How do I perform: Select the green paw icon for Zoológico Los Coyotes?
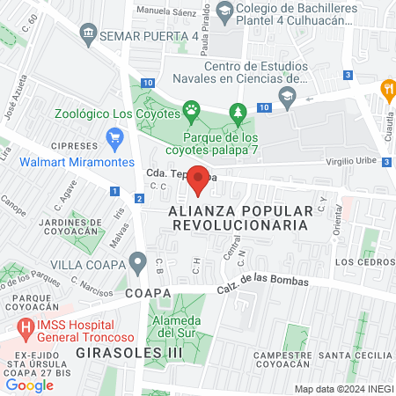coord(191,112)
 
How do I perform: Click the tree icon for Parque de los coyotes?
coord(236,112)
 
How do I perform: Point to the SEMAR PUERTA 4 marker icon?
coord(88,35)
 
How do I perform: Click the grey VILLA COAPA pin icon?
coord(136,261)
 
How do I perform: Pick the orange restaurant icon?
coord(386,88)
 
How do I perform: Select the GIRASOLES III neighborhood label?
coord(93,352)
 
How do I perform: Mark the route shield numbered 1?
coord(115,191)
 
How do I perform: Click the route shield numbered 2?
coord(139,198)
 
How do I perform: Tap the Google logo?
coord(29,385)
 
